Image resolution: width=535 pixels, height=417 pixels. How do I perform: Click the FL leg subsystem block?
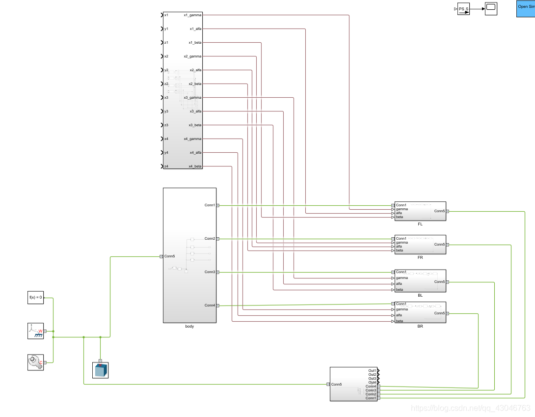coord(420,211)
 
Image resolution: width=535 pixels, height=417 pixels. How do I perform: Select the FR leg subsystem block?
coord(420,244)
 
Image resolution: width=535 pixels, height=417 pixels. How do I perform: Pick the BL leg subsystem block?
coord(420,281)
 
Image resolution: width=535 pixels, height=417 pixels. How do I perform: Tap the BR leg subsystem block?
coord(420,313)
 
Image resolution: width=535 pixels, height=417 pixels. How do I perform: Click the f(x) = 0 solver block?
coord(35,297)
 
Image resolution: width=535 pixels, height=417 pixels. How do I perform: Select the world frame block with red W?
coord(35,331)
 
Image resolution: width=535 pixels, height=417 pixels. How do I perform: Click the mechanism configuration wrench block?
coord(35,362)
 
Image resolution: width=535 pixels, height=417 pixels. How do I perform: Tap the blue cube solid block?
coord(100,370)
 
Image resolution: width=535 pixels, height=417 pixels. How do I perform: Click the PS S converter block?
coord(463,9)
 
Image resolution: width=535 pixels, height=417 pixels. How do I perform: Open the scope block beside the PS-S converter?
coord(491,8)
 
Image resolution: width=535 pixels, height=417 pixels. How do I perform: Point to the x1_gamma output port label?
coord(192,15)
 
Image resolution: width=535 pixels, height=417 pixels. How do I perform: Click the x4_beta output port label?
coord(195,167)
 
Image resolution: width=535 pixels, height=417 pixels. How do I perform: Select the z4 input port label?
coord(166,167)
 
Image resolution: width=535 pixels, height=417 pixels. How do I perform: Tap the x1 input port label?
coord(166,15)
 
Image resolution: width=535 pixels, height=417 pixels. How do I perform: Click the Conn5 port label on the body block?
coord(169,256)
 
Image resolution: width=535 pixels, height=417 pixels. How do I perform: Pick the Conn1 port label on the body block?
coord(210,205)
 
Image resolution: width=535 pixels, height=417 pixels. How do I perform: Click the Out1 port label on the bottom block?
coord(372,370)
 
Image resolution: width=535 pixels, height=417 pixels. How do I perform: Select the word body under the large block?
coord(189,326)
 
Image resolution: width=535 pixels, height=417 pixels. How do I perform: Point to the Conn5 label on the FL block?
coord(439,211)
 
